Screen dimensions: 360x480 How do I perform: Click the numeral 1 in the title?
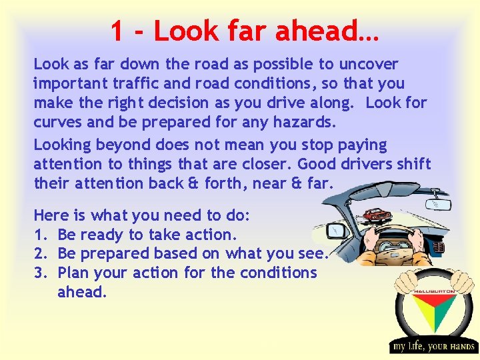point(117,31)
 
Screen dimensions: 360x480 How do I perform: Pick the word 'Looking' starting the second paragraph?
point(63,145)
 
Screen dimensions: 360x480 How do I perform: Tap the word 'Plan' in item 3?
point(73,273)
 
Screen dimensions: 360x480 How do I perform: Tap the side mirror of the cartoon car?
point(336,231)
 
